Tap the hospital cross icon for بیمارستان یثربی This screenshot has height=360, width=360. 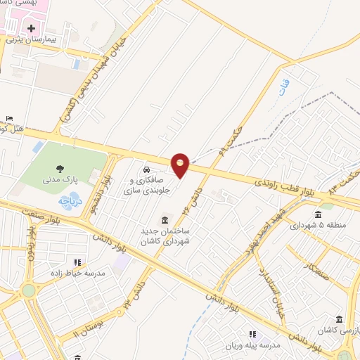coord(32,30)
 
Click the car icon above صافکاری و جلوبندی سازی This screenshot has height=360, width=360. coord(146,171)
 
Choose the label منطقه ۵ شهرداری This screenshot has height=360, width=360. coord(318,225)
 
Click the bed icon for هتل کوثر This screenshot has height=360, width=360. coord(8,118)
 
